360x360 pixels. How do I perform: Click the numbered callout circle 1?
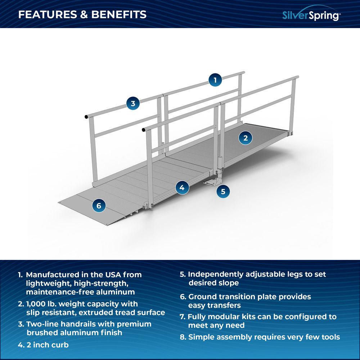(215, 80)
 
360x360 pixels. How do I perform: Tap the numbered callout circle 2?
(246, 138)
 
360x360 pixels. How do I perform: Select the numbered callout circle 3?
(133, 104)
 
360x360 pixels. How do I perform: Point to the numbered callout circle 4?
(182, 187)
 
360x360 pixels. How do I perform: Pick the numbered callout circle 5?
(223, 191)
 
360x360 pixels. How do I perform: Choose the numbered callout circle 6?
(99, 206)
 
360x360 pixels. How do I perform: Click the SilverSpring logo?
(311, 15)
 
